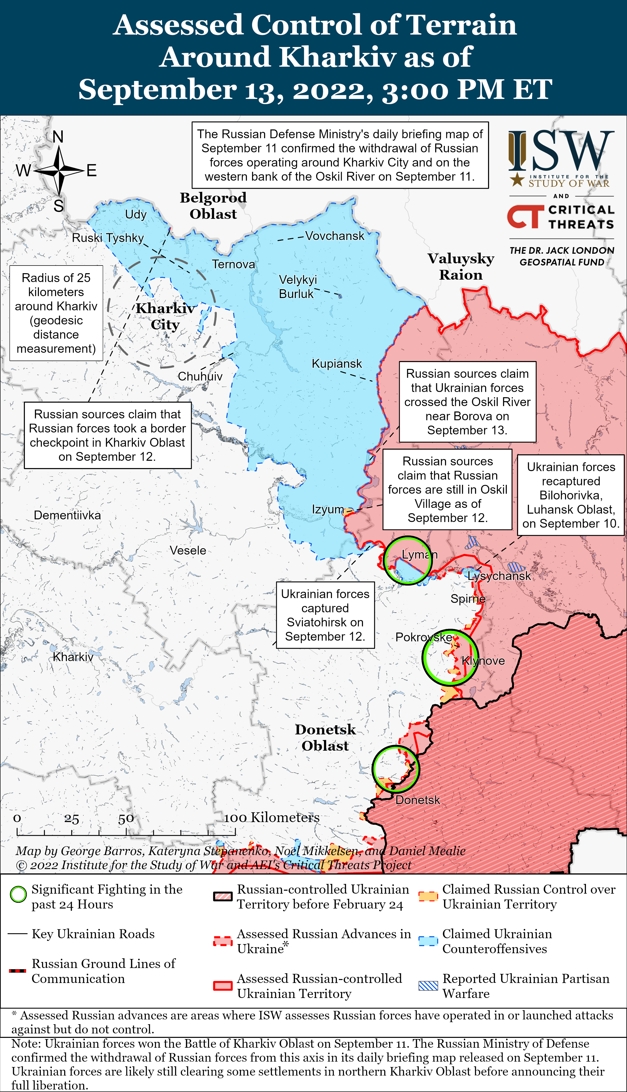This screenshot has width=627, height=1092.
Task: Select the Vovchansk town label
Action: [335, 236]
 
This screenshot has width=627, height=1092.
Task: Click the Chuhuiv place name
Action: [200, 376]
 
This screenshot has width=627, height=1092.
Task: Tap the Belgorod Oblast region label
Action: [213, 206]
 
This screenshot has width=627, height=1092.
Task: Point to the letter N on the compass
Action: [58, 137]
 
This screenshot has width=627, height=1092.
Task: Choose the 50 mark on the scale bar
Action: [126, 819]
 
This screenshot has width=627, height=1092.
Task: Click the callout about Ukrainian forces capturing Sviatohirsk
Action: [325, 615]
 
